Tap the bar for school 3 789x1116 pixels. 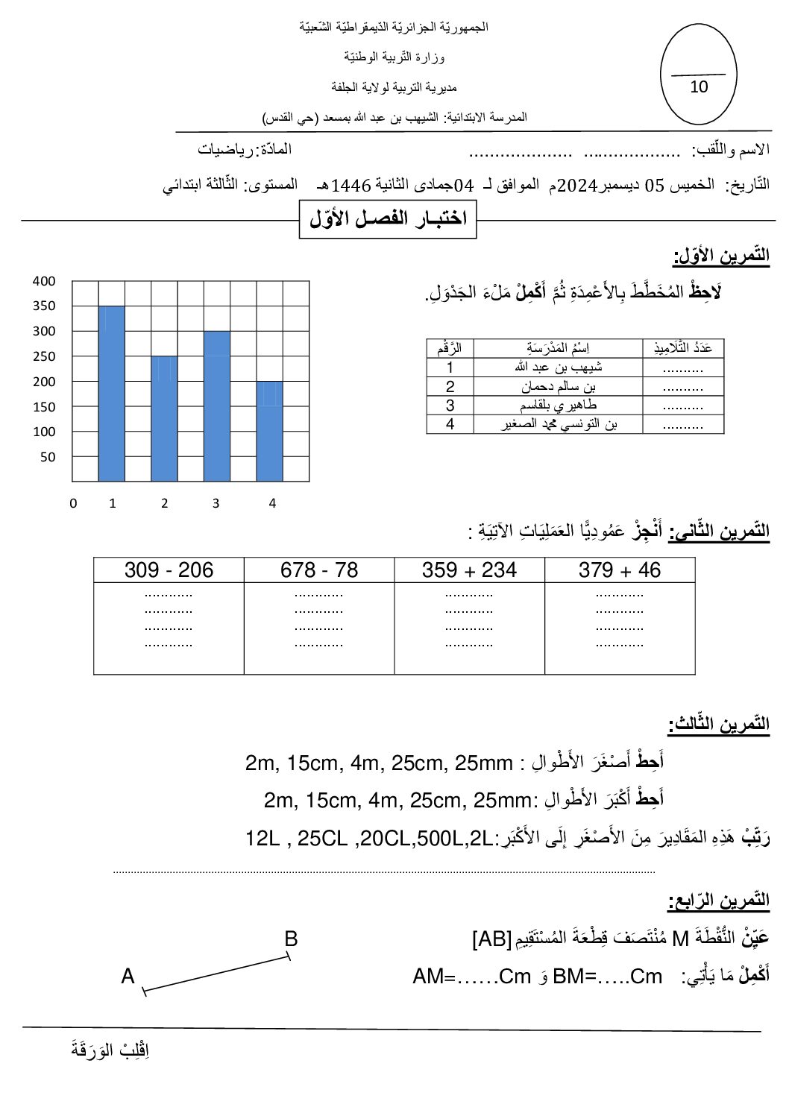click(x=217, y=406)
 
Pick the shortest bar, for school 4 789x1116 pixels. click(x=269, y=432)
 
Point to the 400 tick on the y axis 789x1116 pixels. click(x=44, y=281)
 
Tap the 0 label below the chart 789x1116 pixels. click(x=73, y=503)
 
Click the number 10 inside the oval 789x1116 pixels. click(x=699, y=86)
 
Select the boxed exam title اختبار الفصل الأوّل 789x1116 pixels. click(x=388, y=218)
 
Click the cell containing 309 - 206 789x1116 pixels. click(x=169, y=570)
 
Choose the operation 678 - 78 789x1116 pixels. click(x=319, y=570)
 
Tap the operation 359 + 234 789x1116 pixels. click(x=469, y=570)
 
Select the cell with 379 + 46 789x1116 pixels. click(x=620, y=570)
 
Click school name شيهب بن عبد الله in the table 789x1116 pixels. click(x=559, y=367)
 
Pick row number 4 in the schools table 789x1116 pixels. click(x=450, y=424)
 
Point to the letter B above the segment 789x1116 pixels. click(x=291, y=939)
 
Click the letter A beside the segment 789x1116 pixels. click(x=128, y=976)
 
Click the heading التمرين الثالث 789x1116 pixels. click(x=718, y=724)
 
